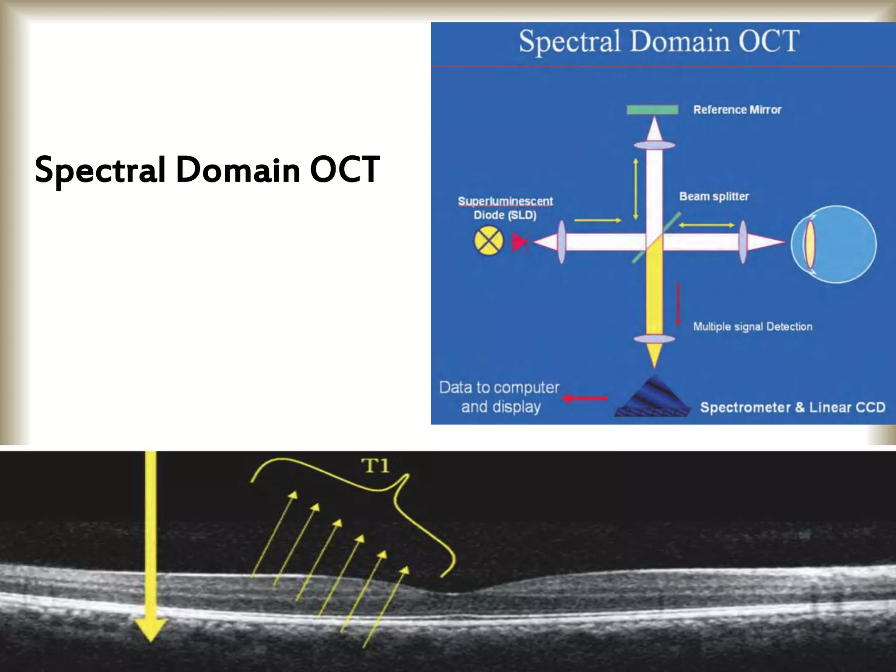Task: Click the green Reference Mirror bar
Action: click(x=652, y=109)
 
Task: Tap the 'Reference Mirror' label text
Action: click(x=737, y=110)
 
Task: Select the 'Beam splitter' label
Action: click(x=714, y=196)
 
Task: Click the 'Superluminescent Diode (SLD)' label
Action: click(x=505, y=208)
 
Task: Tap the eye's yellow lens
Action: click(x=809, y=244)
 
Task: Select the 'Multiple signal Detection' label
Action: click(x=752, y=327)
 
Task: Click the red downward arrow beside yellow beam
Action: click(x=679, y=304)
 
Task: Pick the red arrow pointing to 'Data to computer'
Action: click(x=584, y=398)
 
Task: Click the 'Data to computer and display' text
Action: click(x=500, y=397)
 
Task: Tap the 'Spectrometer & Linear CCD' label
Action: click(x=792, y=407)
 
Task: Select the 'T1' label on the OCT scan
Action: click(x=375, y=466)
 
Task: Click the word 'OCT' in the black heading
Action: click(x=344, y=170)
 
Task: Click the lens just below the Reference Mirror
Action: click(x=654, y=145)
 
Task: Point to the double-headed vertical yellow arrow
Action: click(x=636, y=189)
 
